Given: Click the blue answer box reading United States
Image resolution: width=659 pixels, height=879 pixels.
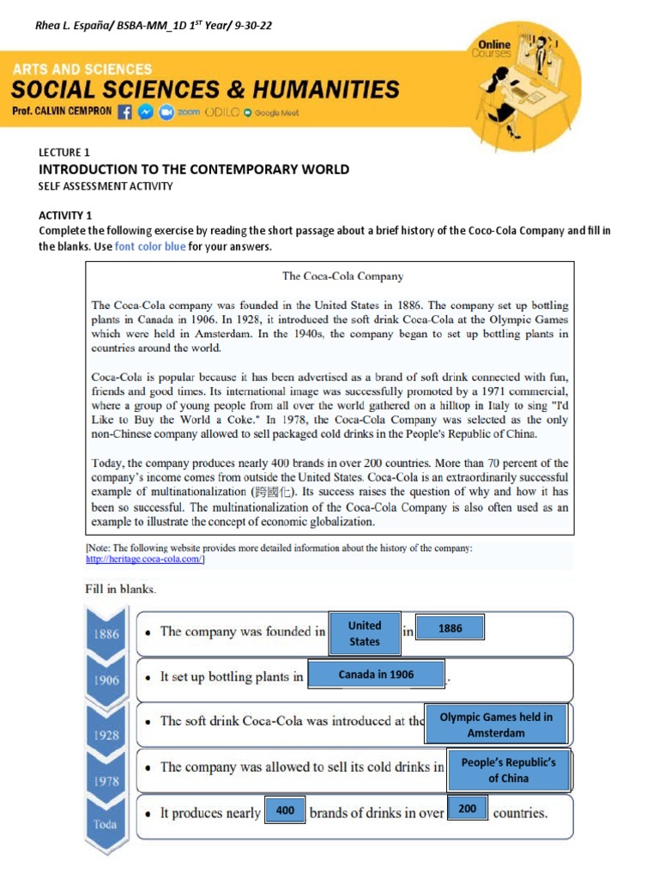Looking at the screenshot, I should click(365, 633).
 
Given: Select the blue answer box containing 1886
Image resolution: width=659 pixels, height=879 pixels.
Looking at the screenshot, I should click(450, 628).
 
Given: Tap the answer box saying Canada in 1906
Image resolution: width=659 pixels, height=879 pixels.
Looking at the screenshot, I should click(376, 675).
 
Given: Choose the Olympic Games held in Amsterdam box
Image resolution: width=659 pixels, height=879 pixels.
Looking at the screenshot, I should click(496, 724).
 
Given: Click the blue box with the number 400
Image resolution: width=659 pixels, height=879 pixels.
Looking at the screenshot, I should click(285, 809).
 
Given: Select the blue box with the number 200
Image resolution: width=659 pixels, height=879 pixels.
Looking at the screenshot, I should click(468, 809).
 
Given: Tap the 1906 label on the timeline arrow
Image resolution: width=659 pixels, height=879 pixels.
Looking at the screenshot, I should click(106, 680).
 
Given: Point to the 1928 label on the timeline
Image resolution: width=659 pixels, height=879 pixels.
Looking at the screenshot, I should click(106, 735).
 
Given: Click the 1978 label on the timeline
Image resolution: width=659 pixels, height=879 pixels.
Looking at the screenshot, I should click(106, 781).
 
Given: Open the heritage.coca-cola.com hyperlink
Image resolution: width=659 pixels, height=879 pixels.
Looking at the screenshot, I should click(145, 560).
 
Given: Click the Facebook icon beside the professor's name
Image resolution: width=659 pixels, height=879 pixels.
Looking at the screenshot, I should click(125, 112).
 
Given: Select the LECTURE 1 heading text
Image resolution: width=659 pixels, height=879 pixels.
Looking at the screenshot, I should click(64, 153).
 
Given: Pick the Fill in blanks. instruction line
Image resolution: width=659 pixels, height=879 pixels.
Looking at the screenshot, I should click(120, 590).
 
